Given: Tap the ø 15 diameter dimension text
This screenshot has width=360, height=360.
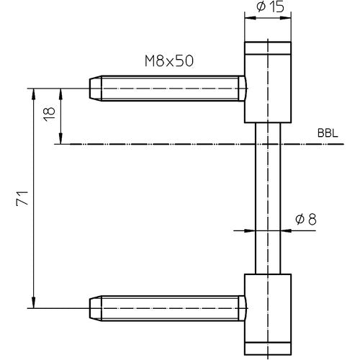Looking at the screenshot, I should [268, 8].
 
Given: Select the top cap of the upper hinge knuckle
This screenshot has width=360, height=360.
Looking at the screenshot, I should [268, 50].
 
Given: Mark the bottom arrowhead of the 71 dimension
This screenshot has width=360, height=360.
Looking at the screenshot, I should [33, 301].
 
